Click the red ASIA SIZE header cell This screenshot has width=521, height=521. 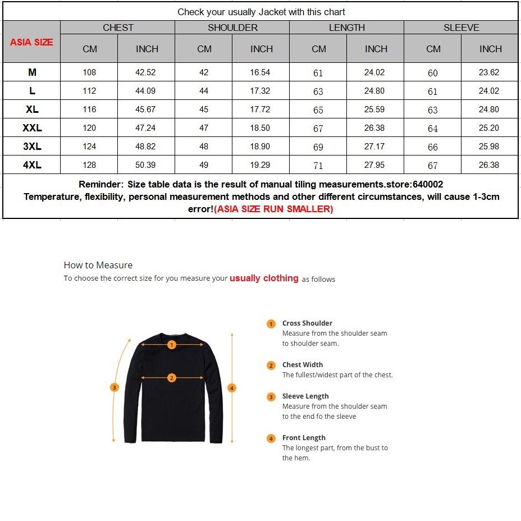(31, 42)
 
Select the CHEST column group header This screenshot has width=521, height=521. (118, 28)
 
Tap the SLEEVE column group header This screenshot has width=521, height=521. (461, 28)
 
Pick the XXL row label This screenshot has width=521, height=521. (32, 128)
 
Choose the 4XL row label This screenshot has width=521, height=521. (32, 165)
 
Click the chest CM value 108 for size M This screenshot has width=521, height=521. (89, 72)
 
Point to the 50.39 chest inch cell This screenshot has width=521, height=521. (146, 165)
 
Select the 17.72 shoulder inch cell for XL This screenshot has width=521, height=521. (260, 109)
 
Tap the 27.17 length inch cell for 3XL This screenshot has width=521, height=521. (374, 147)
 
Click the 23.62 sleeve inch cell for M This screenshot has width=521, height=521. (489, 72)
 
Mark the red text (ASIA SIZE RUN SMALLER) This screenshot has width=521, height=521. (273, 209)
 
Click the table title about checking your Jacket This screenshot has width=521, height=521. (261, 12)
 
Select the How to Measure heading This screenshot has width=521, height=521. (98, 265)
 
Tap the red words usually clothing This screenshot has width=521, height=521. (264, 278)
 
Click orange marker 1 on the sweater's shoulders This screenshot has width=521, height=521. (172, 345)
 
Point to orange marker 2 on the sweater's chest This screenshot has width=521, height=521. (172, 378)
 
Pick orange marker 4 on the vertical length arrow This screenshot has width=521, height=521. (232, 387)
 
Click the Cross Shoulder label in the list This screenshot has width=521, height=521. (307, 323)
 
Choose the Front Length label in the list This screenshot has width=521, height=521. (304, 438)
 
